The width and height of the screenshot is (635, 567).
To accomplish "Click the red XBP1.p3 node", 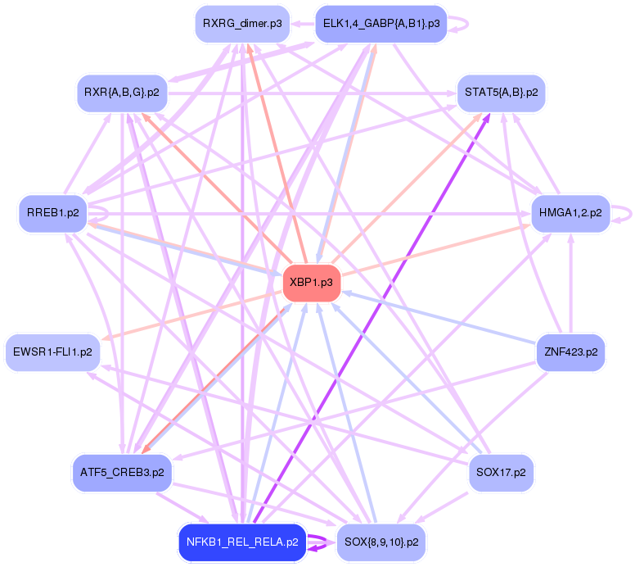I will click(312, 282).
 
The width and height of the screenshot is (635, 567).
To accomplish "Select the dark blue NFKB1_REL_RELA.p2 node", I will click(241, 542).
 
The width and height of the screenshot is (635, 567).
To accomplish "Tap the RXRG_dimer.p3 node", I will click(243, 24).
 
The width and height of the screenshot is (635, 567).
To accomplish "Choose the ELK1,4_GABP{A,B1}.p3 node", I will click(381, 24).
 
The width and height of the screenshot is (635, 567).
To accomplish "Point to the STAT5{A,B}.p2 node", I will click(502, 92).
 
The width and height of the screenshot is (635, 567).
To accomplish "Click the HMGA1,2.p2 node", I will click(570, 213).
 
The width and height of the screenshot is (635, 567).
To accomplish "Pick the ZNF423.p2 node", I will click(570, 353).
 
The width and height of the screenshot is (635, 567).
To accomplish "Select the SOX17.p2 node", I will click(501, 473).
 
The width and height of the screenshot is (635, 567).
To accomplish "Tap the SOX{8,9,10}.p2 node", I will click(381, 542).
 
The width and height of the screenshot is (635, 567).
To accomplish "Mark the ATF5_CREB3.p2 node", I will click(122, 473).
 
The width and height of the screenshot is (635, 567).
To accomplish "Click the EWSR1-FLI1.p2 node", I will click(52, 353).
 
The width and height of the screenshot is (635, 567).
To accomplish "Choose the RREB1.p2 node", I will click(53, 213).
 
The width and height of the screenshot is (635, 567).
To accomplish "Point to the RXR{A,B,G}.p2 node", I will click(122, 92).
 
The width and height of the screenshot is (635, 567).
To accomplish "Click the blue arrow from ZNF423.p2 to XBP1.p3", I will click(442, 319).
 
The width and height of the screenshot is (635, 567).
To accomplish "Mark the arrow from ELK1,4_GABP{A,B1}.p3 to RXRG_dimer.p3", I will click(304, 25).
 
